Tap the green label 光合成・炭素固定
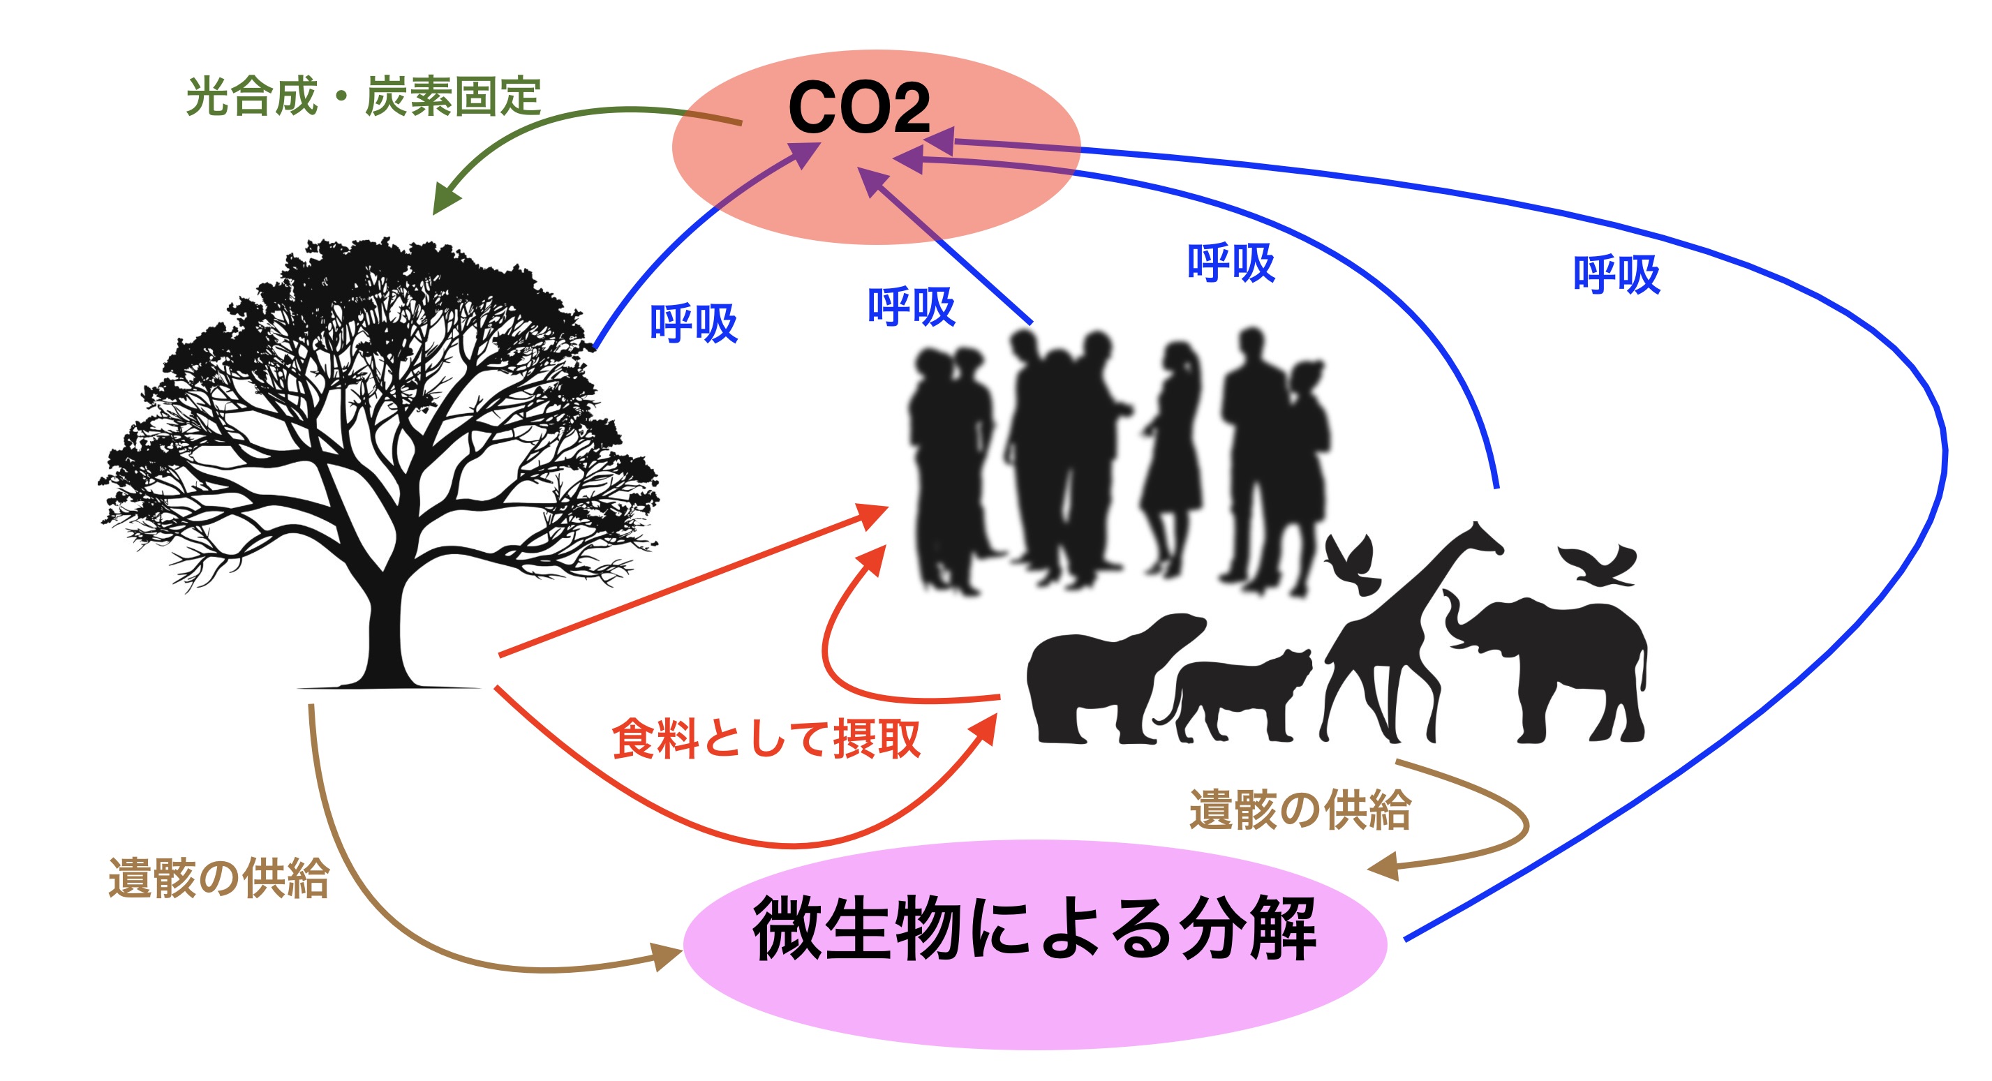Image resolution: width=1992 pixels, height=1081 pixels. point(363,97)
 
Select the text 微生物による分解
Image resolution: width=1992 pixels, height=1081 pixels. point(1034,929)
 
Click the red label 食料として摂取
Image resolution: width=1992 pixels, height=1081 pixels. point(766,739)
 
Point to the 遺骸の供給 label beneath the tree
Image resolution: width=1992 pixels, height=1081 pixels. point(219,879)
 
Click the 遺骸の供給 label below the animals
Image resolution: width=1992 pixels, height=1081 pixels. point(1300,810)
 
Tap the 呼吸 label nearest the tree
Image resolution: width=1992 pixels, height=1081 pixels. point(693,322)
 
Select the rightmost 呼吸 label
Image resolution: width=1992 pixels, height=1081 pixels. point(1616,274)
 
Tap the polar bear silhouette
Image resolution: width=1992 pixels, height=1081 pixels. point(1106,673)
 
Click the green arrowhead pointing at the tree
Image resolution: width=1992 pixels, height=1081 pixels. point(444,200)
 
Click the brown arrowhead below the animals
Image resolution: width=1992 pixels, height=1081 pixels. point(1384,867)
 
